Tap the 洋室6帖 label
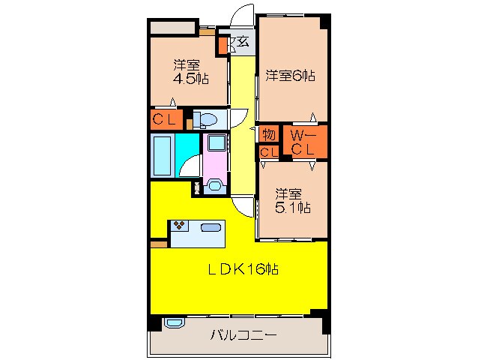tap(289, 75)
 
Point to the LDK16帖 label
tap(243, 269)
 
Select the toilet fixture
tap(207, 119)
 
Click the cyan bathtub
tap(163, 154)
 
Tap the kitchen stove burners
tap(180, 223)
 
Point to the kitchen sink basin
tap(210, 227)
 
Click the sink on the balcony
tap(174, 323)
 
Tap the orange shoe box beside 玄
tap(223, 43)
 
